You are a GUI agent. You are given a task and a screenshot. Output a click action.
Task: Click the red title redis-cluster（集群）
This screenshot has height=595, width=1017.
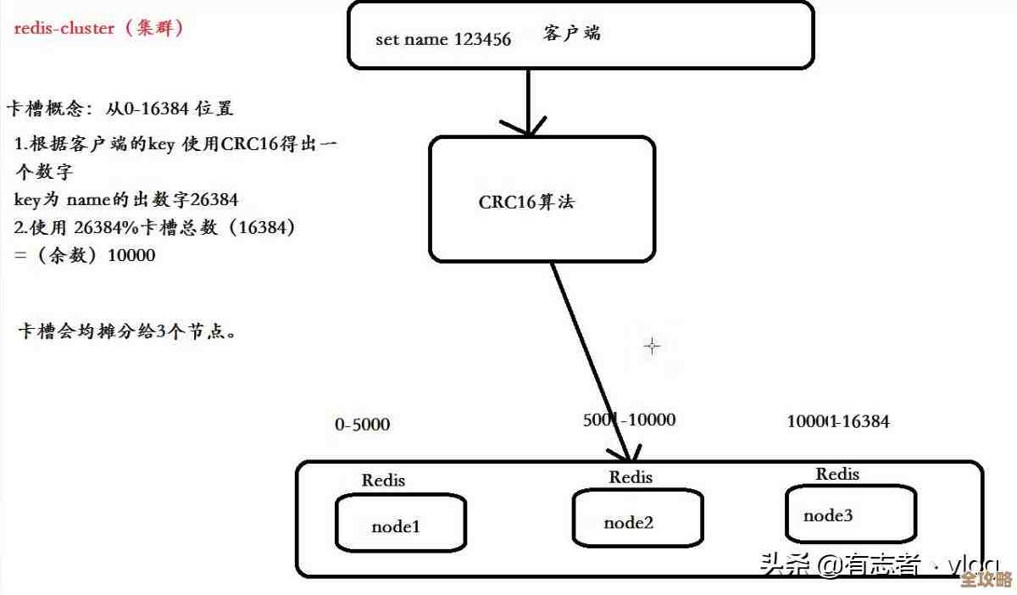tap(99, 28)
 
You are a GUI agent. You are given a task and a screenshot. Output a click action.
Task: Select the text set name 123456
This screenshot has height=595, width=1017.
tap(443, 40)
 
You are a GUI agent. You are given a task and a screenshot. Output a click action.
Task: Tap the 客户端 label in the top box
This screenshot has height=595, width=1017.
tap(572, 33)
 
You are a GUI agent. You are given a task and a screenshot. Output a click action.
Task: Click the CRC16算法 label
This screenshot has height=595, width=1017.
tap(527, 202)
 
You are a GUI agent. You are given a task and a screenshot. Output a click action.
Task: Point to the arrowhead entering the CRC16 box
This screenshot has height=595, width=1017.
tap(528, 130)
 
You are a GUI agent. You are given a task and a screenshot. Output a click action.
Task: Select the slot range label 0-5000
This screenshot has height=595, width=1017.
tap(363, 424)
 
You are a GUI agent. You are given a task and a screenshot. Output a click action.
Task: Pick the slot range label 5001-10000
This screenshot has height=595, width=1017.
tap(629, 420)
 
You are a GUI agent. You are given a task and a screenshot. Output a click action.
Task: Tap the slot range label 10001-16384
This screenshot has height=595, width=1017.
tap(838, 421)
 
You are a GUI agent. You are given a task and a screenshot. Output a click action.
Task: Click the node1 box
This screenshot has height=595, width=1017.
tap(400, 524)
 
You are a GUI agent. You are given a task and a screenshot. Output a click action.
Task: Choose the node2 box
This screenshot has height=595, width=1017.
tap(636, 519)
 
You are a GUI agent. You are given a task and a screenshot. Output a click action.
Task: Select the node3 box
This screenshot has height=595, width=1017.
tap(850, 514)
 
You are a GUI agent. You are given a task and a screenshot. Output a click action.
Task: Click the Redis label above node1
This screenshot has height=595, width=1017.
tap(383, 480)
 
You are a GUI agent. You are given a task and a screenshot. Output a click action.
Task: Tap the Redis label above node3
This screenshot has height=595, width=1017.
tap(837, 474)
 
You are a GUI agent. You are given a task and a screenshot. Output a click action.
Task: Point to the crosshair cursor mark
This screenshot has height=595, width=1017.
tap(652, 346)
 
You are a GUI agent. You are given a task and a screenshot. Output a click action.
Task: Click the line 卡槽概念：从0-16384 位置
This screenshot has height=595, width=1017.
tap(119, 108)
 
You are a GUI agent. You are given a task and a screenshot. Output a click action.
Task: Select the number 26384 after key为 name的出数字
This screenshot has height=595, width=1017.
tap(214, 200)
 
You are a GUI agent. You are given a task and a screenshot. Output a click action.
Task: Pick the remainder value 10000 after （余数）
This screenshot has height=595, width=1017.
tap(131, 254)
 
